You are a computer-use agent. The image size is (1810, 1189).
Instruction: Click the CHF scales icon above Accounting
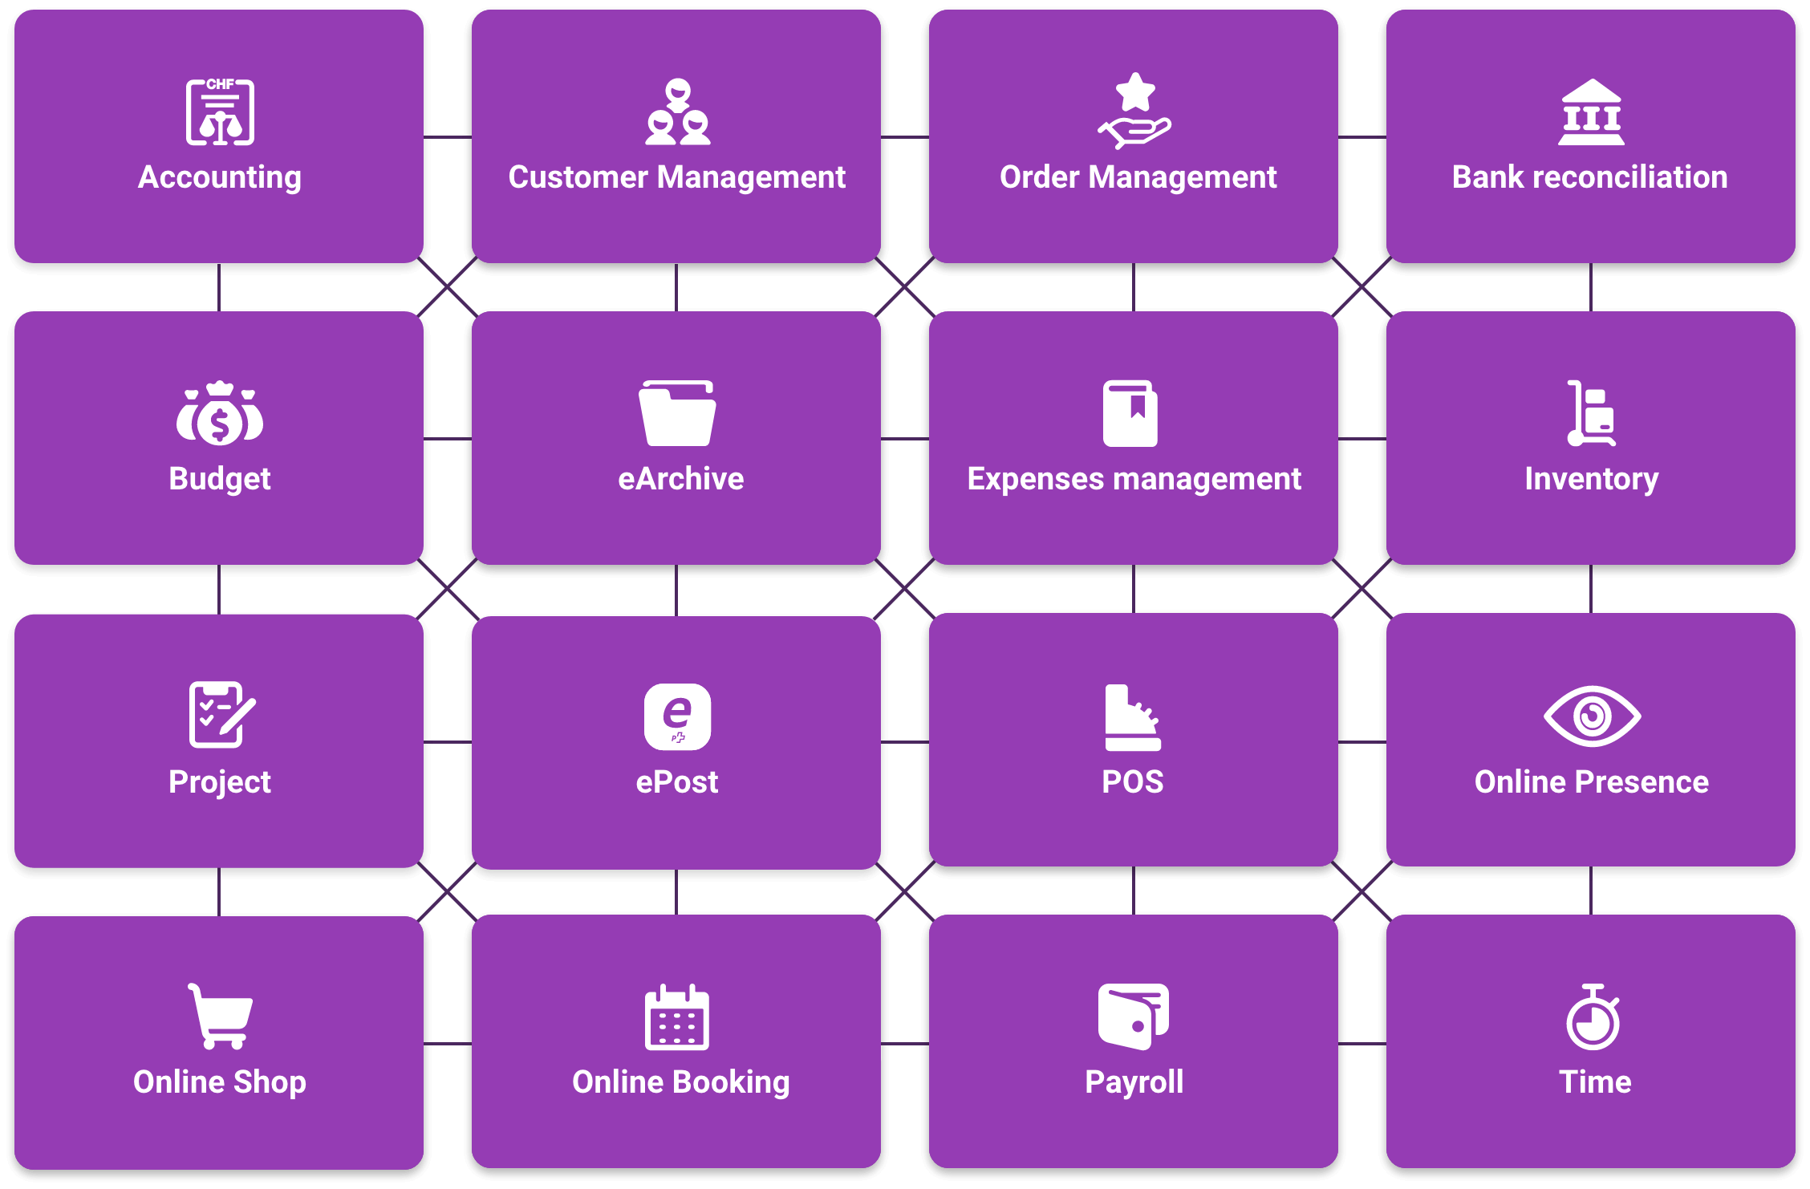(220, 112)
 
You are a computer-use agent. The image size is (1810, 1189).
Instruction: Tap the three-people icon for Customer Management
(678, 112)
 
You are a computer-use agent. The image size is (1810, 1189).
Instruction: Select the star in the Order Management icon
(1135, 91)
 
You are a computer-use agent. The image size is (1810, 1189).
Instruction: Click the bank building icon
(1591, 112)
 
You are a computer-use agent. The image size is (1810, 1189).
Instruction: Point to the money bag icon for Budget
(220, 413)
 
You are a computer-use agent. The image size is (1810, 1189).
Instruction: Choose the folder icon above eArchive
(677, 413)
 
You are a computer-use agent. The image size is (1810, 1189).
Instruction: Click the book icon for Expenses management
(1130, 413)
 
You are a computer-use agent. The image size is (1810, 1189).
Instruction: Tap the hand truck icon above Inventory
(1591, 413)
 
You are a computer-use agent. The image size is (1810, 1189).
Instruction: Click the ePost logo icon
(677, 716)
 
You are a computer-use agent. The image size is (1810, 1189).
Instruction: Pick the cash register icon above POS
(1133, 717)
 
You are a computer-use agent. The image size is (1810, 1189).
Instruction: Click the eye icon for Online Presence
(1592, 716)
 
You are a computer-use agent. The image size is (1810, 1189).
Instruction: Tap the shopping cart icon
(220, 1017)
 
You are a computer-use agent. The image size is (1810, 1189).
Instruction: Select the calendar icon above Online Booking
(677, 1017)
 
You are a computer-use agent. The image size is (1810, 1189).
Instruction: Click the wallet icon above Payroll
(1134, 1017)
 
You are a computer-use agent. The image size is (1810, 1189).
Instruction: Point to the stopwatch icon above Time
(1593, 1017)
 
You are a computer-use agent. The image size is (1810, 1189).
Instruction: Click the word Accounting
(220, 178)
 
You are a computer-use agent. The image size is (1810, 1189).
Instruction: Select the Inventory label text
(1592, 480)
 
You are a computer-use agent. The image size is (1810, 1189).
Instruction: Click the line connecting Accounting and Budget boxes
(219, 287)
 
